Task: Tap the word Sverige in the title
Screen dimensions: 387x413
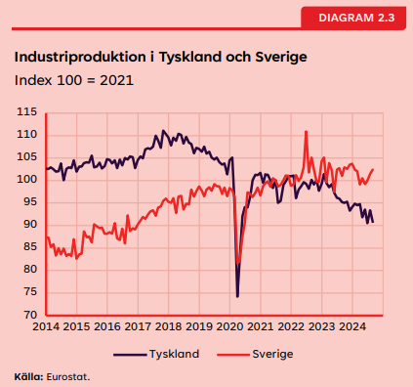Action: (277, 57)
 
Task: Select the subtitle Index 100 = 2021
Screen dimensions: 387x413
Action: (73, 78)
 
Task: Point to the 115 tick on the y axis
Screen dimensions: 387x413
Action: (27, 112)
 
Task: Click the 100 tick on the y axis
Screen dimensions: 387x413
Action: (27, 180)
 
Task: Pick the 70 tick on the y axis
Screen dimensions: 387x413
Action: (30, 316)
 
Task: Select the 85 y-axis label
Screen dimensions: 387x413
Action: (30, 247)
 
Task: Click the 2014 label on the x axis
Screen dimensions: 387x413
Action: (46, 326)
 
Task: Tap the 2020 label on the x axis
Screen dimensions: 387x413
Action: (229, 326)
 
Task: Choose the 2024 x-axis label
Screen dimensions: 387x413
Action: (352, 326)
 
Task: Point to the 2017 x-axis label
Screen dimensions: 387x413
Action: (138, 326)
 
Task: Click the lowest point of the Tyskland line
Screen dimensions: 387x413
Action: (237, 296)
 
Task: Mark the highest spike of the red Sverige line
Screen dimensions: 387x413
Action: (307, 131)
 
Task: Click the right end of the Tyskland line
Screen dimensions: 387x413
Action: (372, 222)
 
